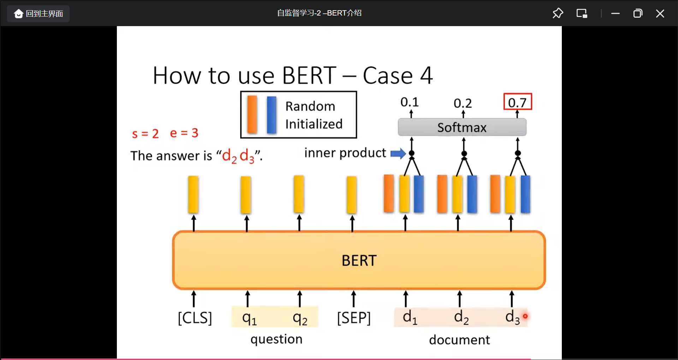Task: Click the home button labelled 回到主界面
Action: pos(38,14)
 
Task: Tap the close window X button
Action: pos(660,14)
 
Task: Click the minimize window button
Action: pos(615,14)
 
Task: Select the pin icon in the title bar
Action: pos(558,13)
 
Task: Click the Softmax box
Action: pos(462,127)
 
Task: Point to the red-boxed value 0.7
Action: pos(517,102)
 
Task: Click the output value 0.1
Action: pos(409,102)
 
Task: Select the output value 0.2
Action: pos(463,103)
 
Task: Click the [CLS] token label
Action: pos(195,318)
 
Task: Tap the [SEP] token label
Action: pos(354,318)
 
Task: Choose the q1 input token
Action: pos(249,318)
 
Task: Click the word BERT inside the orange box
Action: pos(359,260)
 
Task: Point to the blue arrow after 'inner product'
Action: pos(398,153)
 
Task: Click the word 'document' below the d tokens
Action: pos(459,340)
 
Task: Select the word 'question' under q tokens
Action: pos(276,339)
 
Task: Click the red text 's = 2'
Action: pos(145,133)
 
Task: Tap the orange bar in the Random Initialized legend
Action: pos(252,114)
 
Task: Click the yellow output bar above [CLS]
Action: pos(193,194)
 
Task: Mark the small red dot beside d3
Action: pos(525,316)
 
